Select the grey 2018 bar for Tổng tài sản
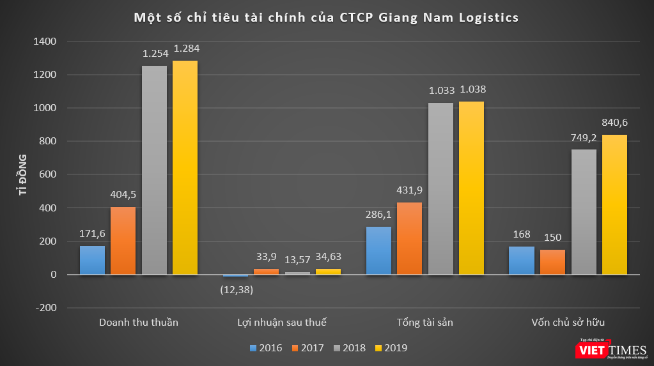[440, 188]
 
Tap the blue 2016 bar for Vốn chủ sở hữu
[521, 261]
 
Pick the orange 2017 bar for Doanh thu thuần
[123, 241]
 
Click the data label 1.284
[185, 48]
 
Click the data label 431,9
[410, 190]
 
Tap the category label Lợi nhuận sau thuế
[281, 322]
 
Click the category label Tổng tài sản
[424, 322]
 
